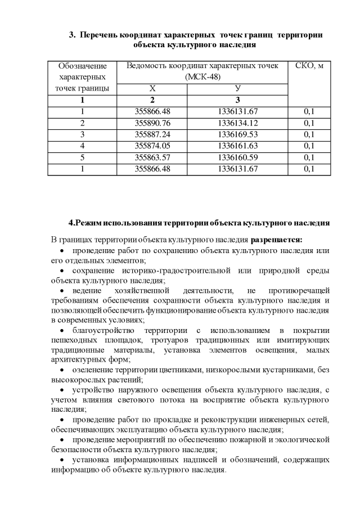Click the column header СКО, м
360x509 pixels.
309,66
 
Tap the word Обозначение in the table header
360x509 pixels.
82,66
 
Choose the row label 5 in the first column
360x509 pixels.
82,157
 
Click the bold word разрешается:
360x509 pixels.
276,240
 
